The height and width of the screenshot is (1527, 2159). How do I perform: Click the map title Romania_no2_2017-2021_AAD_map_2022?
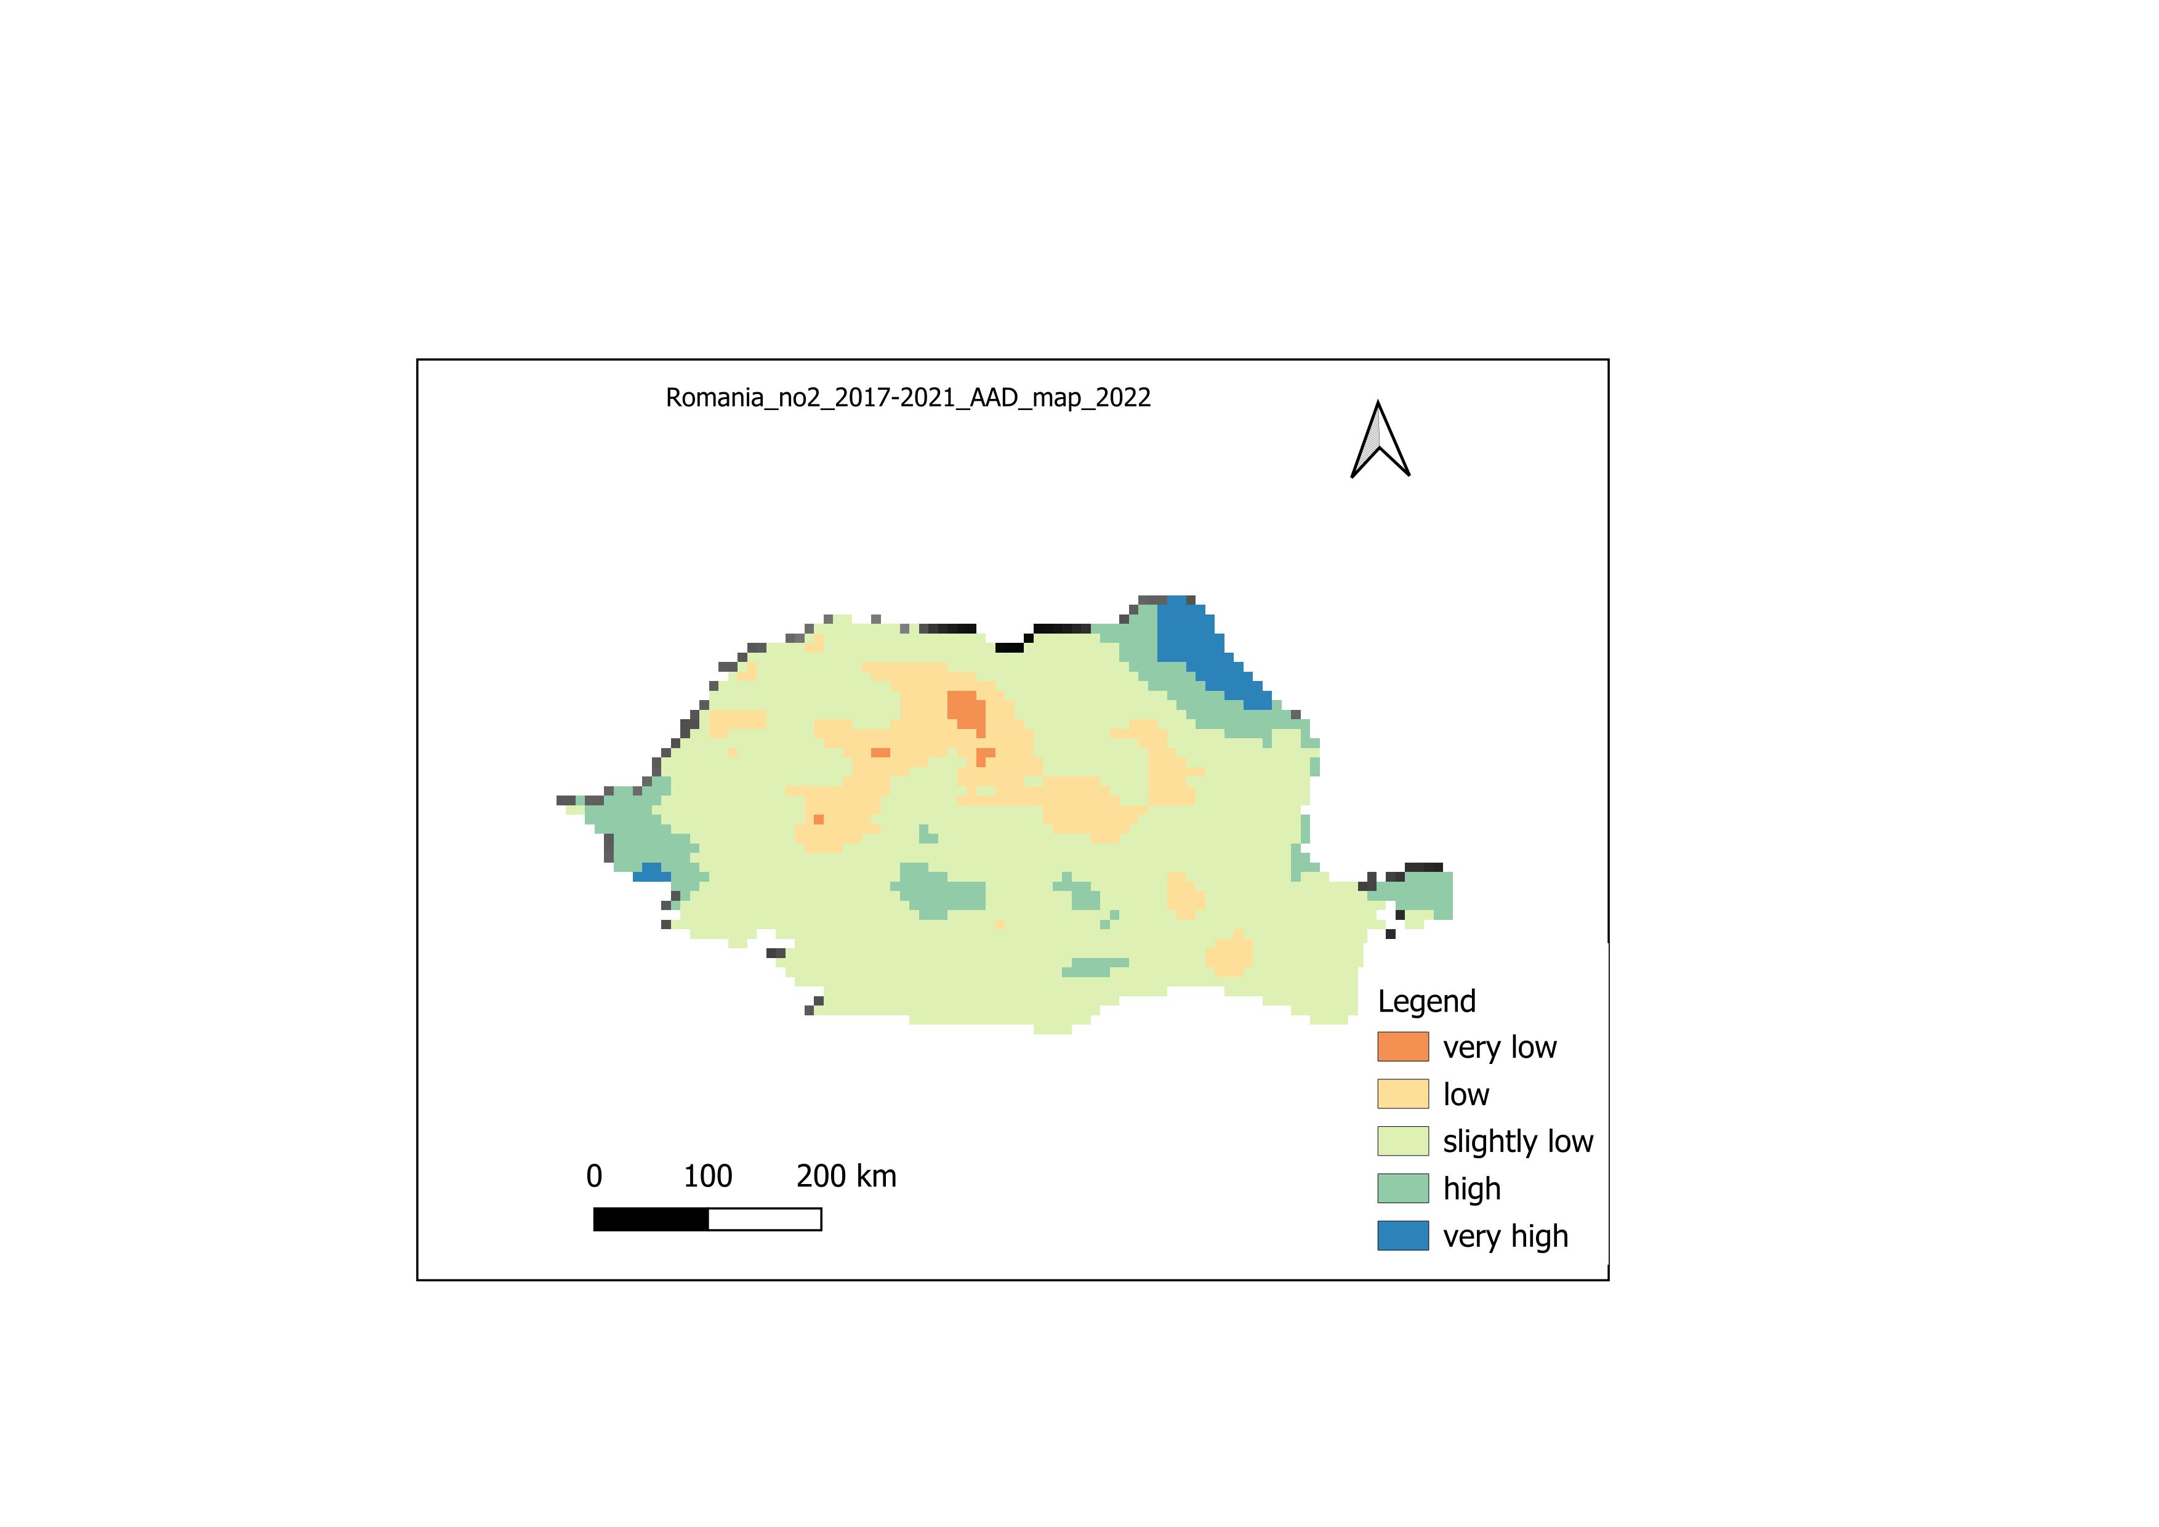point(907,398)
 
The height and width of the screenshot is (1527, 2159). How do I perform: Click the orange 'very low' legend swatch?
point(1402,1047)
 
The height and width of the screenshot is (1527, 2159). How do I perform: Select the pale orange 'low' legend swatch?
point(1402,1094)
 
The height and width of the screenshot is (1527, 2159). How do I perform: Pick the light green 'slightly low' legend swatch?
point(1402,1140)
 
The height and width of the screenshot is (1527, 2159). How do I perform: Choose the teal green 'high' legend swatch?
point(1402,1188)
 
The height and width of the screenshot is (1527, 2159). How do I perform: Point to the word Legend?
point(1426,1001)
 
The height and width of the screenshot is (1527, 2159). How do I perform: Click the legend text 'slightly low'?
point(1518,1142)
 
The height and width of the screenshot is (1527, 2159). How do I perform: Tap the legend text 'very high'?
point(1505,1236)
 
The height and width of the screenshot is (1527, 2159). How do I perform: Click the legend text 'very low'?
point(1500,1047)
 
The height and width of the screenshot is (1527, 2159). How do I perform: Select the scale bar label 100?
point(707,1176)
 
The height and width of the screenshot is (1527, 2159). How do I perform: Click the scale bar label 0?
point(593,1176)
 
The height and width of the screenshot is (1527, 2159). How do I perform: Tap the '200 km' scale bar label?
point(846,1176)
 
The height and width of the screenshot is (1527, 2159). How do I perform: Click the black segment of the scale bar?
point(651,1220)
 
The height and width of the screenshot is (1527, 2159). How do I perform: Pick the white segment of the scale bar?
point(765,1220)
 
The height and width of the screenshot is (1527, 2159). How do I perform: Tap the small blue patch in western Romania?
point(651,872)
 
